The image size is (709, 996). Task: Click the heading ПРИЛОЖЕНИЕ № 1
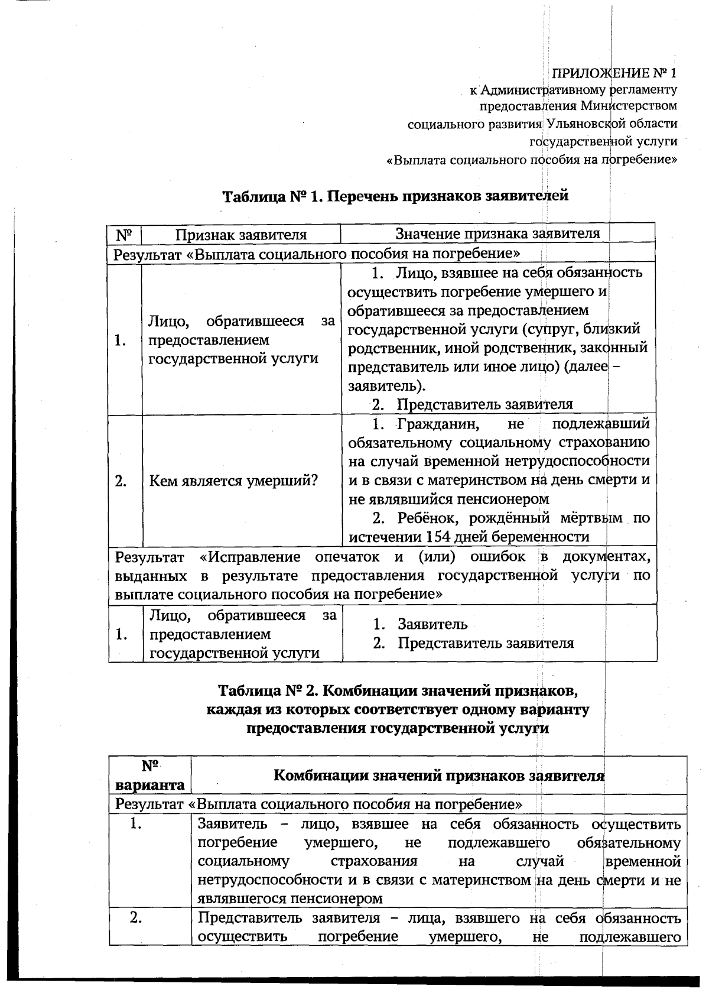(614, 73)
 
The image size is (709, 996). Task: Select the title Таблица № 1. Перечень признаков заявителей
(395, 196)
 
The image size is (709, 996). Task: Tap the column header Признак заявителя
(241, 235)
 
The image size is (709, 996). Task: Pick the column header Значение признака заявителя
(497, 233)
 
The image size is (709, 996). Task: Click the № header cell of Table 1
(124, 235)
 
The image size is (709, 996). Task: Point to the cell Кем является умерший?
(233, 481)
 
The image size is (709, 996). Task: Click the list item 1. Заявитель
(420, 624)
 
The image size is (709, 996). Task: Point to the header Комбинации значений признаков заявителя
(438, 775)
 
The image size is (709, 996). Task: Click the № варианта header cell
(150, 775)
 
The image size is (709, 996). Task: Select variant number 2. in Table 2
(136, 918)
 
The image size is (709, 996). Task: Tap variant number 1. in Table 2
(136, 824)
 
